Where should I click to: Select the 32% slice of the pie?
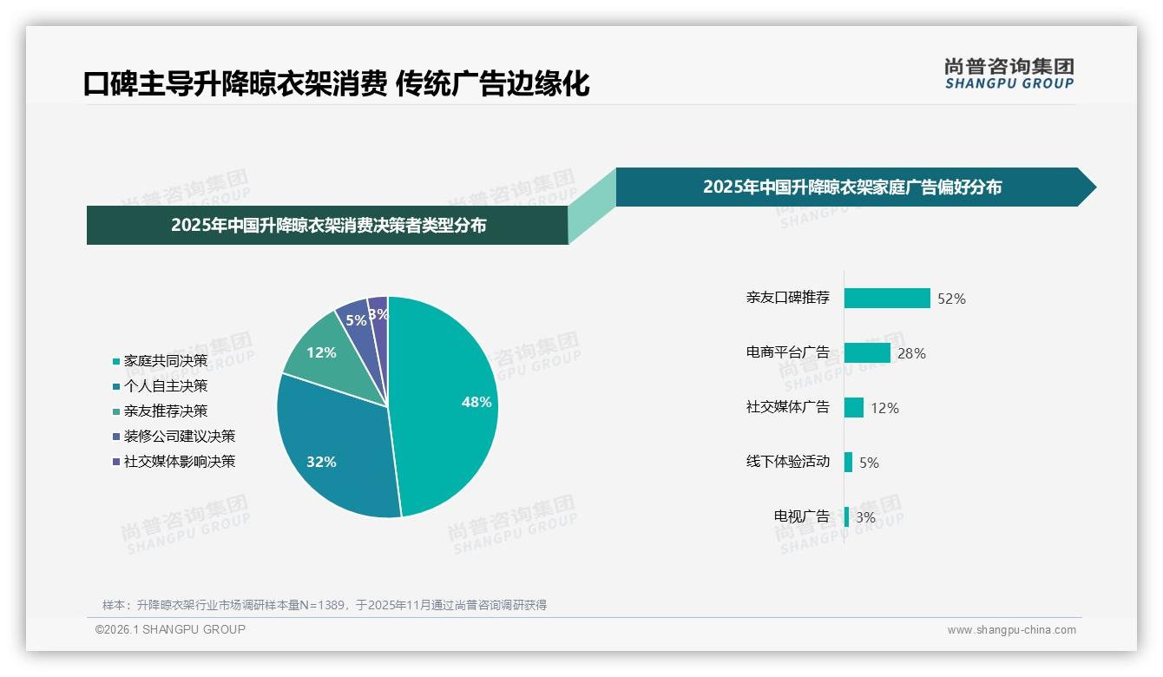click(x=330, y=451)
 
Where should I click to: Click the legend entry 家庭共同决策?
click(x=165, y=360)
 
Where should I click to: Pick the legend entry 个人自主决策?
click(x=165, y=385)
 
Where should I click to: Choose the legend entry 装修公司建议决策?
click(x=179, y=436)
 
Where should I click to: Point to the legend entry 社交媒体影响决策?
click(x=179, y=461)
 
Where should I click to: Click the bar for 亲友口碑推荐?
click(x=887, y=298)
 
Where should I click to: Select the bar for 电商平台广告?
click(x=867, y=352)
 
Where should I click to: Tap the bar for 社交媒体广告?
click(x=854, y=407)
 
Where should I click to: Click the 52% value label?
click(x=951, y=299)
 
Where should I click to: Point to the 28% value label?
click(x=911, y=353)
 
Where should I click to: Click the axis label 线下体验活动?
click(x=788, y=462)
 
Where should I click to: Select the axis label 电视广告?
click(x=802, y=516)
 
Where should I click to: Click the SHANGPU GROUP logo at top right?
click(x=1009, y=73)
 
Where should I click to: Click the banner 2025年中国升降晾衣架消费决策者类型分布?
click(x=328, y=226)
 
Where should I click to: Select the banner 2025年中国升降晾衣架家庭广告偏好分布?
click(x=851, y=187)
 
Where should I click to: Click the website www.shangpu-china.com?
click(x=1011, y=630)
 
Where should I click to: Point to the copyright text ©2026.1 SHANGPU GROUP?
click(x=170, y=629)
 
